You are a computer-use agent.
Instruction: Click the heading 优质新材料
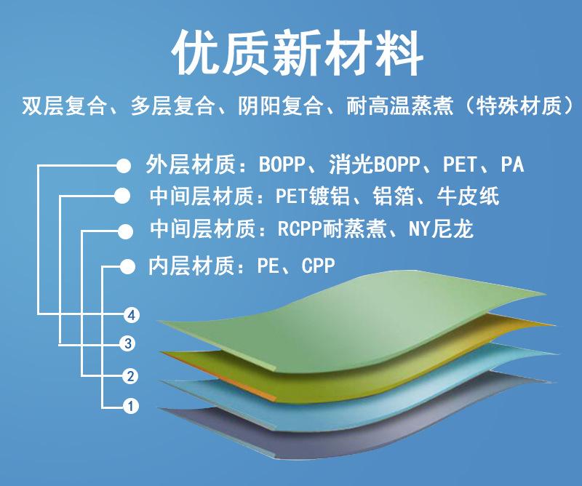point(297,52)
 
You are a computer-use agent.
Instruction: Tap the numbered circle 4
point(131,316)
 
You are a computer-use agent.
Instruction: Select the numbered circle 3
point(128,343)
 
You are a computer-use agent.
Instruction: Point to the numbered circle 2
point(130,376)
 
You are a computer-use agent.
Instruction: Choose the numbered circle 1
point(131,406)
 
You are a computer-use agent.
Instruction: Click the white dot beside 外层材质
point(123,166)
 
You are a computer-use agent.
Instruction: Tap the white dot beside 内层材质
point(128,266)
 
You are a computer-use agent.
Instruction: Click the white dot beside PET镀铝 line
point(122,196)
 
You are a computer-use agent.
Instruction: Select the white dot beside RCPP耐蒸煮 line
point(125,232)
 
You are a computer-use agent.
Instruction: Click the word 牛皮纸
point(468,196)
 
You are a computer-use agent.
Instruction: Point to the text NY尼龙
point(441,229)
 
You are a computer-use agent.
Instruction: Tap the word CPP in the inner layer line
point(318,266)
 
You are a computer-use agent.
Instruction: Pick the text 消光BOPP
point(374,164)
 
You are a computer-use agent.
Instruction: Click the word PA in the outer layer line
point(512,164)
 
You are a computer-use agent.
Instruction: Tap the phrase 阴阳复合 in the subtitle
point(280,106)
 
